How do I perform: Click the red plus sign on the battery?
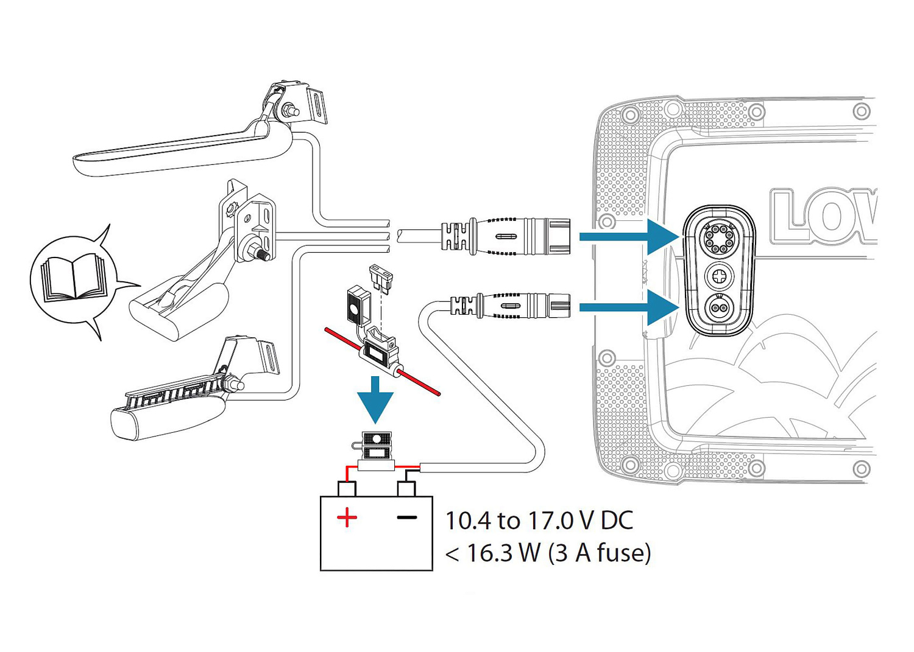[347, 518]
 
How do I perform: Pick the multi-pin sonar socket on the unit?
[719, 237]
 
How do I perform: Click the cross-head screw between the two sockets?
[719, 276]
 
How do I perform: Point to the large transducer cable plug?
[506, 236]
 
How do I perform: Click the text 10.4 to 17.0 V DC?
[539, 521]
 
